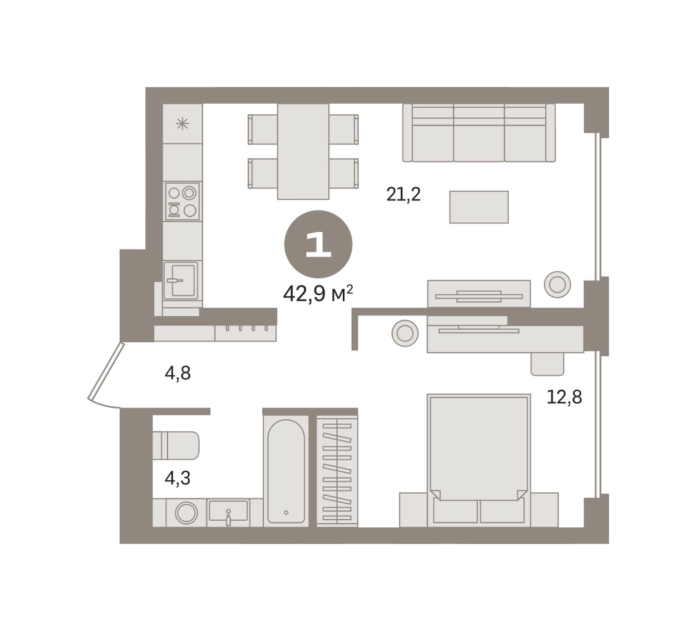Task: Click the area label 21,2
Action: [x=403, y=194]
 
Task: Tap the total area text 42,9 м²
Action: [x=318, y=294]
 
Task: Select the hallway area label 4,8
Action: [x=177, y=374]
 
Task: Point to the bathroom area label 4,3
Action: [x=177, y=478]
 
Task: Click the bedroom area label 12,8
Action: [x=564, y=397]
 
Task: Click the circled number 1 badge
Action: [x=318, y=244]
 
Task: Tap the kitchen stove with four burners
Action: [x=182, y=201]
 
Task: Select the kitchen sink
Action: [x=181, y=280]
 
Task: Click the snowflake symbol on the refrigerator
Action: [x=182, y=123]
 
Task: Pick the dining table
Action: [x=303, y=151]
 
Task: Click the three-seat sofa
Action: [x=479, y=133]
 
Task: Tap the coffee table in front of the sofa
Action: [x=479, y=207]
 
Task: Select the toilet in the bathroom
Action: [x=176, y=445]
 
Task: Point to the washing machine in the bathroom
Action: [x=186, y=513]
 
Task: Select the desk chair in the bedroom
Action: [x=547, y=364]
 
